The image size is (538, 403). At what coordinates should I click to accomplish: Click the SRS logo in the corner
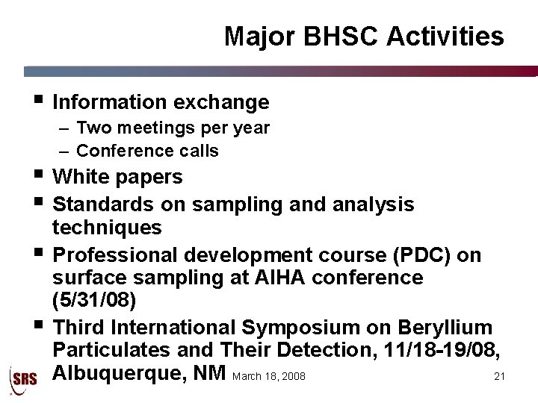(x=22, y=378)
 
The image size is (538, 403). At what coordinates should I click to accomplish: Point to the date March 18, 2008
(x=269, y=376)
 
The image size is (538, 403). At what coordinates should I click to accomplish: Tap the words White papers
(x=118, y=177)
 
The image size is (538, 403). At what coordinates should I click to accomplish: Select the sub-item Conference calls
(x=147, y=151)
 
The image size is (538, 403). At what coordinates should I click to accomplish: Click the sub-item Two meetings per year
(x=173, y=128)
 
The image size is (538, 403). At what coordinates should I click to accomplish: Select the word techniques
(x=107, y=227)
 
